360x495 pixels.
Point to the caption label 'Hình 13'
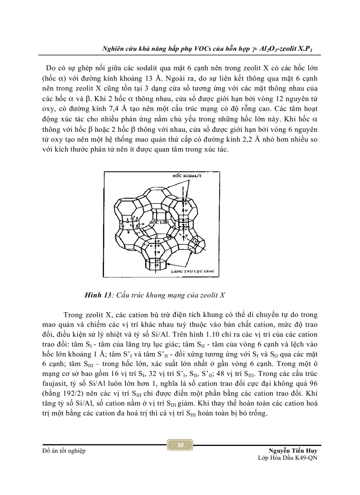(x=97, y=295)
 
